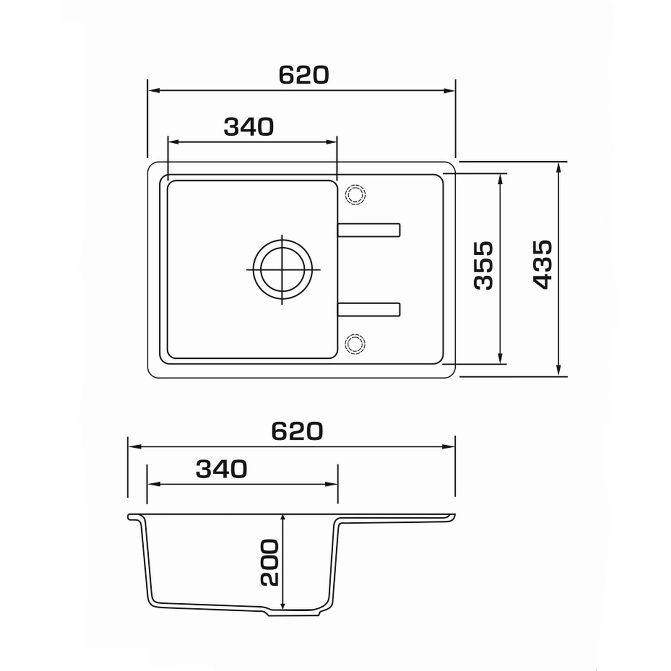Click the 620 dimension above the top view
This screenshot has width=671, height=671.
[304, 75]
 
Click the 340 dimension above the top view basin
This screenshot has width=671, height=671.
[249, 127]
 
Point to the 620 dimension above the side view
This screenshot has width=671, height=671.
[297, 431]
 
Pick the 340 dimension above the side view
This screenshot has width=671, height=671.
[221, 469]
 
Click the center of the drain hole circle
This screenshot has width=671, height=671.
[282, 270]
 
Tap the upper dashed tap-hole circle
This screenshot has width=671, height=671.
[355, 193]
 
